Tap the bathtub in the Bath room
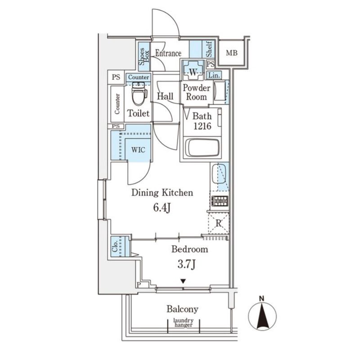202,148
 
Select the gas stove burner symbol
220,201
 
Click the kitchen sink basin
219,174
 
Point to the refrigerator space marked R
219,223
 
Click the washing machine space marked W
193,70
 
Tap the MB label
231,53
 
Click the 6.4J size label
162,208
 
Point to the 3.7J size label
186,264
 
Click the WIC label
138,150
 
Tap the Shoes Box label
144,57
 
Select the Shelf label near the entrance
209,49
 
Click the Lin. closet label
214,75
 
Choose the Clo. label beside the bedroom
115,246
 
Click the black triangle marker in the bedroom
183,281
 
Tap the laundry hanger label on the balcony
184,323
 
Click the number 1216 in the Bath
202,126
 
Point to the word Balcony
182,309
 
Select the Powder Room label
196,92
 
